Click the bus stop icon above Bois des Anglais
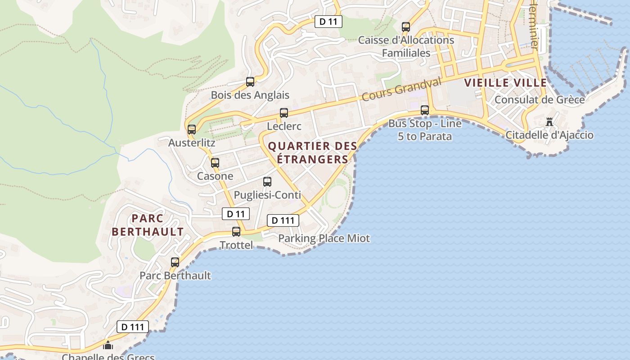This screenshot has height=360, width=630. [x=250, y=82]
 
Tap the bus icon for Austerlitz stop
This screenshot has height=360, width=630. [x=192, y=130]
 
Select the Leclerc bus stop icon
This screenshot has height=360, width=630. [x=284, y=113]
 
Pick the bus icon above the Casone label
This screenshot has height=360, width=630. [x=215, y=163]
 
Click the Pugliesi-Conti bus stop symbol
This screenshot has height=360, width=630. [x=267, y=182]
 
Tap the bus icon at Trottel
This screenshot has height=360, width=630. [x=236, y=232]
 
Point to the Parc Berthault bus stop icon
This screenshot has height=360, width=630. [x=175, y=262]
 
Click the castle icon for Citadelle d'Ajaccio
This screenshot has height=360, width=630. [x=549, y=122]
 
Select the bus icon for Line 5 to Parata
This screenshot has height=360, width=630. [x=425, y=110]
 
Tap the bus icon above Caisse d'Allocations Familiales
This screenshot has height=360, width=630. [x=406, y=27]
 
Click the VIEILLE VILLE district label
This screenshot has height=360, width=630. [x=505, y=83]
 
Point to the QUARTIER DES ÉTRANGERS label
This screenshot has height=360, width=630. [x=313, y=153]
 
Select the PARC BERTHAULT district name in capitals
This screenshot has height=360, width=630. [x=148, y=225]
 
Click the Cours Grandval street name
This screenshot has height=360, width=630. [x=401, y=89]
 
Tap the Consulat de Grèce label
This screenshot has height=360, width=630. [x=540, y=99]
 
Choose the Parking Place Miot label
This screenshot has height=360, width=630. [x=324, y=238]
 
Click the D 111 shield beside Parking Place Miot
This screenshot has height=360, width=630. [x=283, y=220]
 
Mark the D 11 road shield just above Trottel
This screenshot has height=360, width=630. [x=236, y=214]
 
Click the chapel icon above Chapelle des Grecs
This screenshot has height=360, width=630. [x=108, y=346]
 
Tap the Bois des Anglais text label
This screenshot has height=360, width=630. [x=250, y=95]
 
